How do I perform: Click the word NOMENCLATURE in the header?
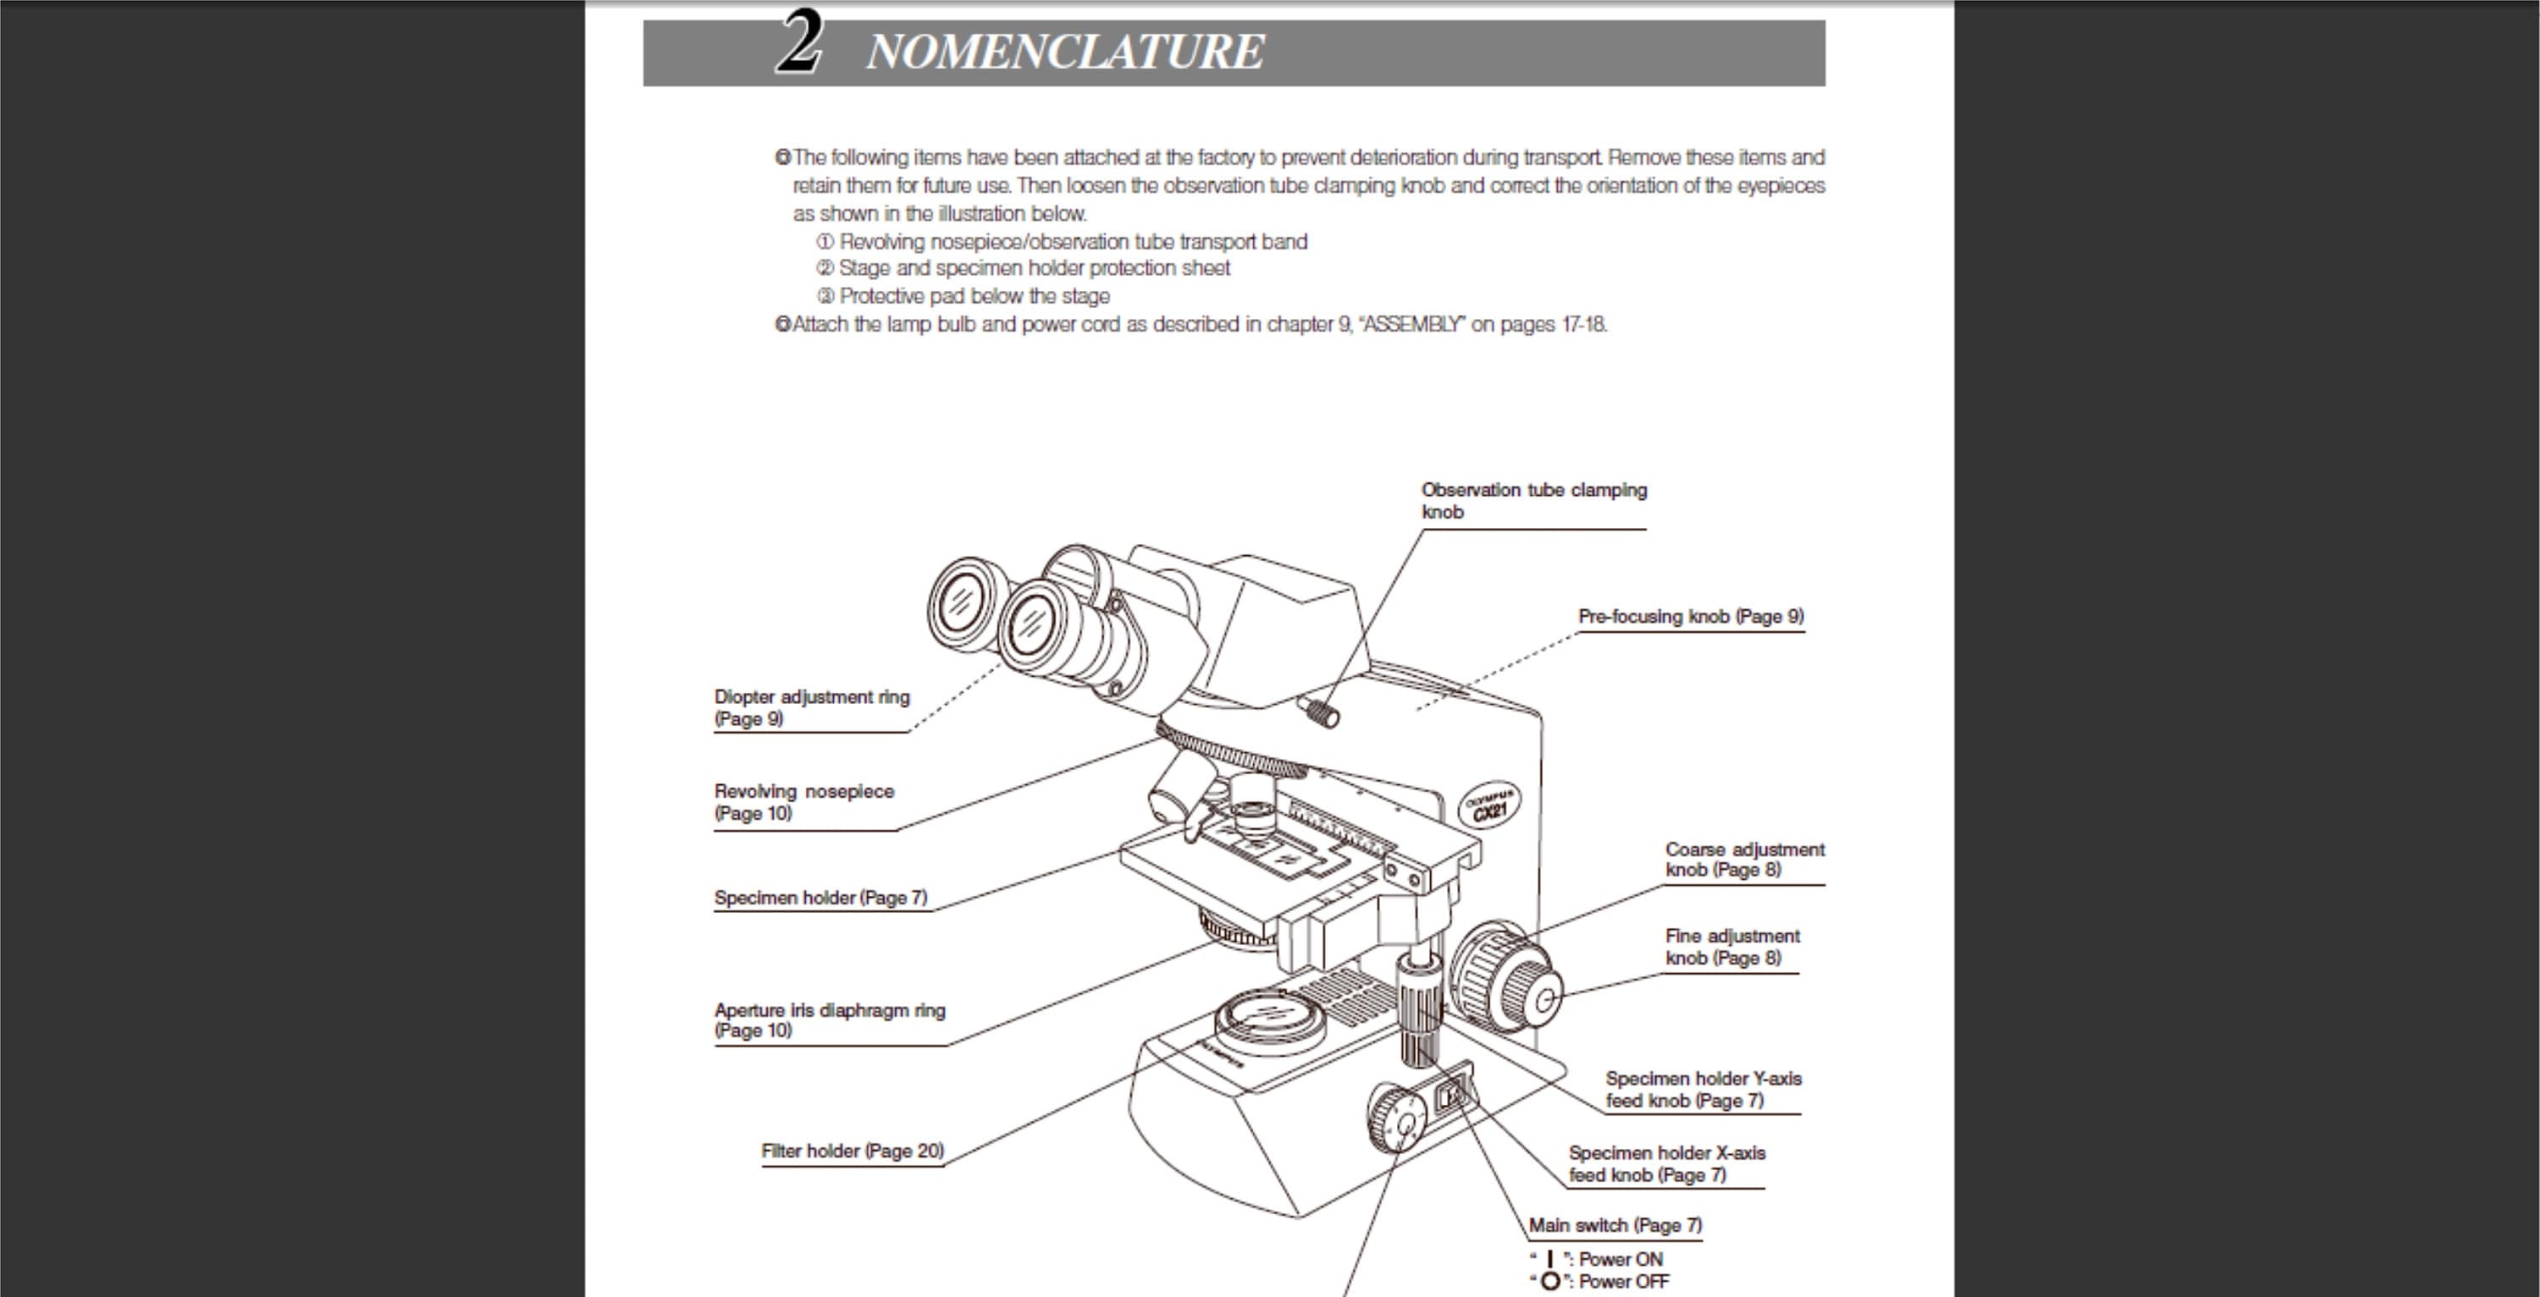coord(1064,52)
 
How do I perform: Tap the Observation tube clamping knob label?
coord(1532,500)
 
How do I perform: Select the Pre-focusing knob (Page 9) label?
coord(1690,616)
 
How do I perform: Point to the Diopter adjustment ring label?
coord(810,706)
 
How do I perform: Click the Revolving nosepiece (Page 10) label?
coord(803,801)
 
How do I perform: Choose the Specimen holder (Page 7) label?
coord(820,897)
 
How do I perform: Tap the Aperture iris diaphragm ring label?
coord(828,1019)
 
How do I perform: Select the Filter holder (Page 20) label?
coord(852,1150)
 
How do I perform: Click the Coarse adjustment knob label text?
coord(1743,859)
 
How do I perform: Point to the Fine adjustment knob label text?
coord(1731,946)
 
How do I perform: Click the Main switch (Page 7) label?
coord(1614,1225)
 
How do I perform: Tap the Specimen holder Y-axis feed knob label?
coord(1702,1089)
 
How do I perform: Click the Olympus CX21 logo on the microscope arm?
coord(1489,805)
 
